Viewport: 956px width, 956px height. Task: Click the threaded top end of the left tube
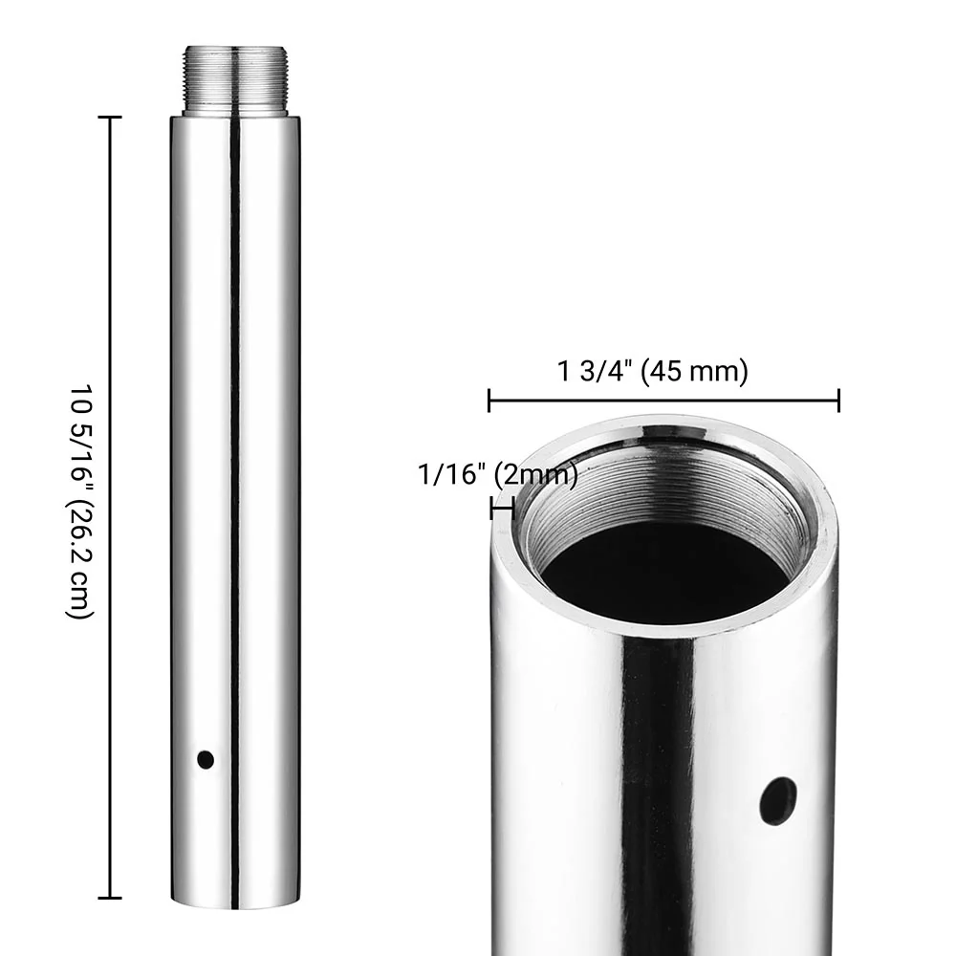[235, 80]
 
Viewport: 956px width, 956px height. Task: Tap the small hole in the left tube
[205, 760]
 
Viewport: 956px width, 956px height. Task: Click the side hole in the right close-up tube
[778, 800]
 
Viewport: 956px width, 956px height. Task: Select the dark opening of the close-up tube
[665, 574]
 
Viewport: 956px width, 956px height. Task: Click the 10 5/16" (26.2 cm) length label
[81, 502]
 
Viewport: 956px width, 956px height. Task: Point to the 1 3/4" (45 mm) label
[653, 371]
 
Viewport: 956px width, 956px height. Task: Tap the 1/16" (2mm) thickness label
[497, 473]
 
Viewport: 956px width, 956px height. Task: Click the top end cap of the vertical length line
[110, 118]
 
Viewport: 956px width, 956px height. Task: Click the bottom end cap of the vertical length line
[110, 898]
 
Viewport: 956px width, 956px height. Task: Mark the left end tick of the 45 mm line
[489, 401]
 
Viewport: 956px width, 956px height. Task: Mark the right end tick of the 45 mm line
[838, 401]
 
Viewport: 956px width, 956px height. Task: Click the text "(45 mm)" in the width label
[695, 371]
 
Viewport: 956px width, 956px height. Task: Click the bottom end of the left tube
[235, 903]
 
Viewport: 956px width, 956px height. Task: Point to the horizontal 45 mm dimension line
[663, 401]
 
